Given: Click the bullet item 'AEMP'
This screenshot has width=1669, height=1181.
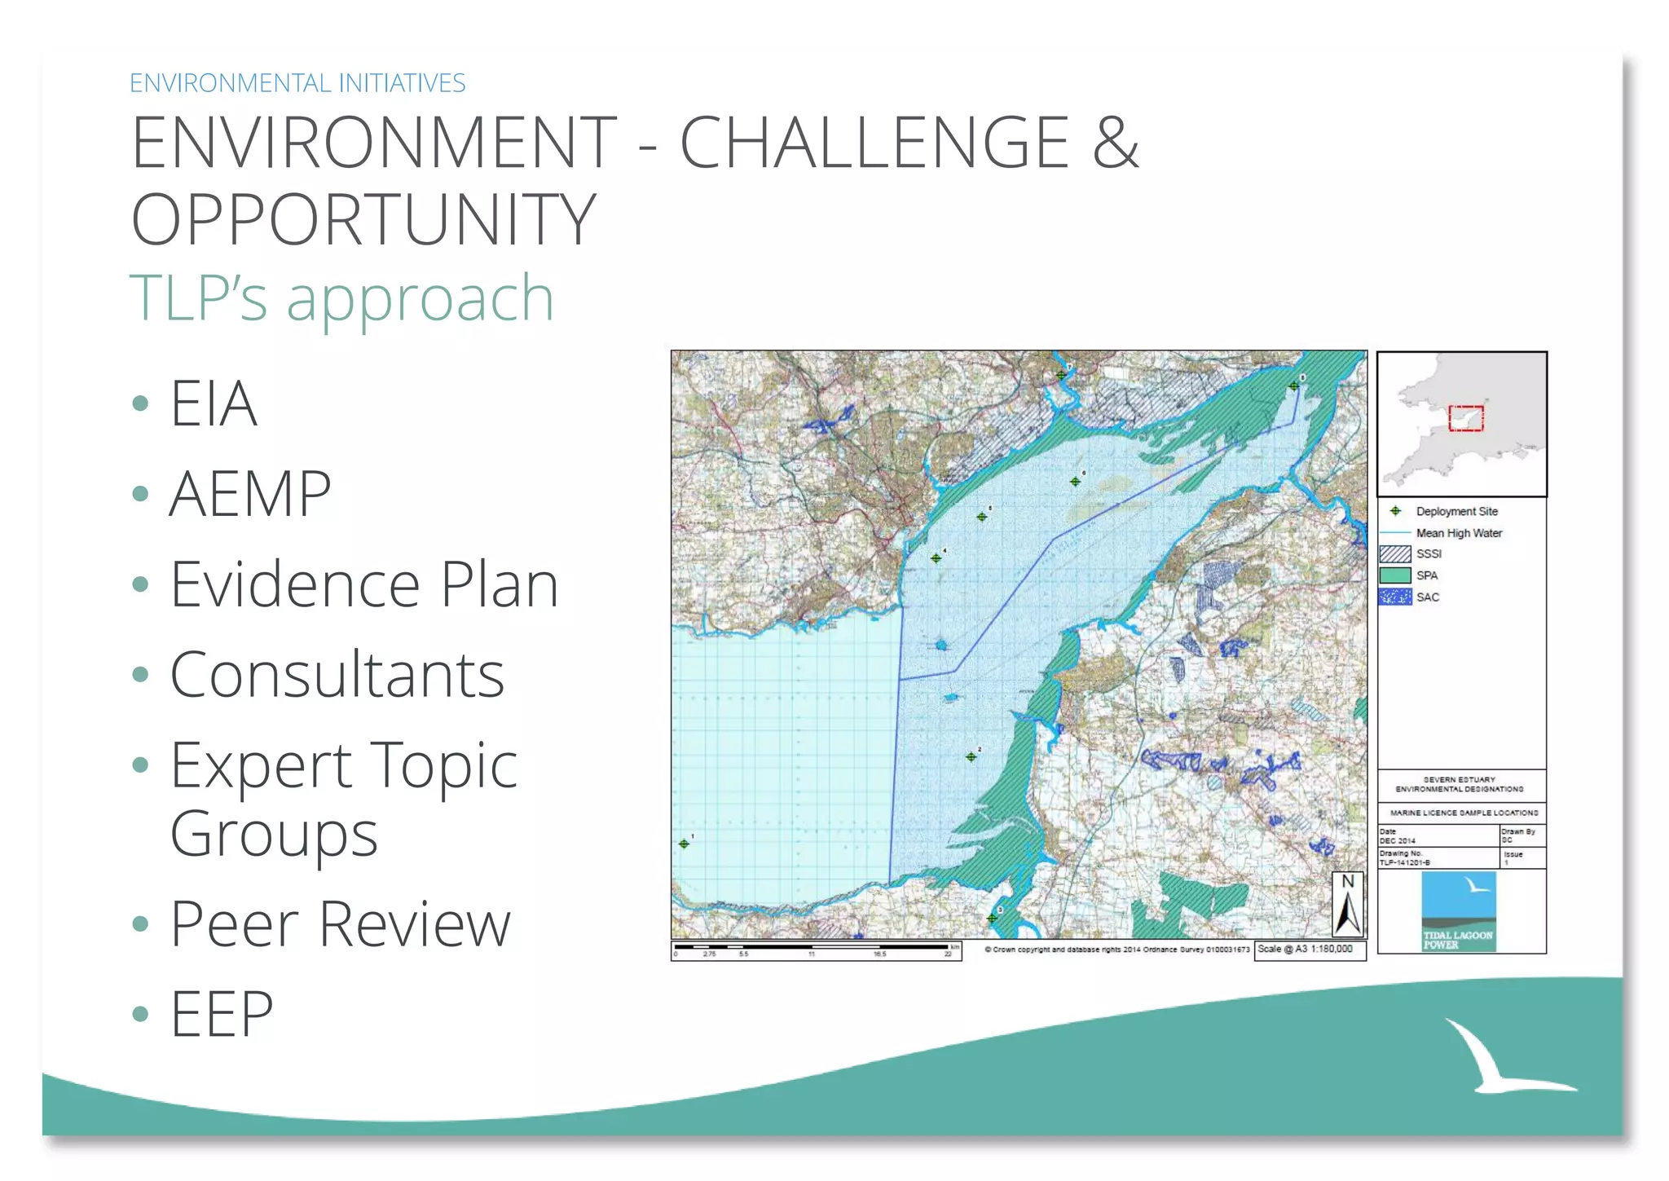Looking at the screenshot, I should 249,494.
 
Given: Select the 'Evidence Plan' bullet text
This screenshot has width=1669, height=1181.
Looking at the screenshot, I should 363,584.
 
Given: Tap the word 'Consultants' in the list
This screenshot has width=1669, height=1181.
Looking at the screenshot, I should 337,675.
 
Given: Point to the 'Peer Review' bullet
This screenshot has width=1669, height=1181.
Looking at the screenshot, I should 340,924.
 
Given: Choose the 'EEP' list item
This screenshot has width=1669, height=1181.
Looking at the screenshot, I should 221,1014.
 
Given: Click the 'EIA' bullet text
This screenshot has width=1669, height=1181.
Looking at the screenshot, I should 214,403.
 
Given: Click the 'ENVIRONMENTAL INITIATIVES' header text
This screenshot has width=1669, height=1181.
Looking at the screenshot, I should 297,83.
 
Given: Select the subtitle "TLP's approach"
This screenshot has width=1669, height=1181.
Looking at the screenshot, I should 341,298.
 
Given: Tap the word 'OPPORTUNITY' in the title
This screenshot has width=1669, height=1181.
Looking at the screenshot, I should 364,219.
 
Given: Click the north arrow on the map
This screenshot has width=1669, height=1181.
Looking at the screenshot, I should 1348,905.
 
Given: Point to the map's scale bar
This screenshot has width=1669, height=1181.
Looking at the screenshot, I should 815,950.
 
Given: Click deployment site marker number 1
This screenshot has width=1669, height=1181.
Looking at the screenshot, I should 684,844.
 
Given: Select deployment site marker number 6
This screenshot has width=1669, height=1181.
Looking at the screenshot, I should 1075,482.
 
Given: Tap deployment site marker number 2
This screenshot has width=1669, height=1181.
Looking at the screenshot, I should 971,756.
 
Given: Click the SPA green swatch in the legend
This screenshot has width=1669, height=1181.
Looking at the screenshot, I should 1394,575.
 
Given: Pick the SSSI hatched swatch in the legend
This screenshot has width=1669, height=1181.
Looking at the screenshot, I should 1394,554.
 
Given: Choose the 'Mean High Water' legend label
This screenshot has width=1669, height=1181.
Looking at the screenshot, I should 1459,533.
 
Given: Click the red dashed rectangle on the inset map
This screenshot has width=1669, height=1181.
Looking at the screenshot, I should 1465,418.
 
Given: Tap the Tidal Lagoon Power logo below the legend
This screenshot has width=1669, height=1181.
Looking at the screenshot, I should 1458,911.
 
